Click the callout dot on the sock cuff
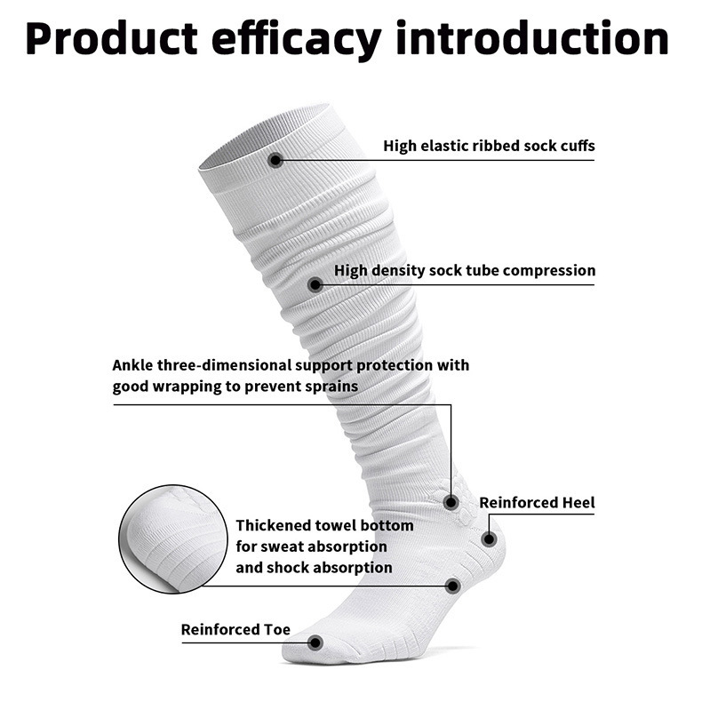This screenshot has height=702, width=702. (x=275, y=160)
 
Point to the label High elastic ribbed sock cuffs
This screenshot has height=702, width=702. (x=489, y=145)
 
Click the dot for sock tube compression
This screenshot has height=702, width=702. (x=315, y=284)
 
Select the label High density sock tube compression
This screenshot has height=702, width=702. (x=465, y=270)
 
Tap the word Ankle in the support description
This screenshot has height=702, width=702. (x=134, y=365)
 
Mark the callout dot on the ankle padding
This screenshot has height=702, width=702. (x=451, y=503)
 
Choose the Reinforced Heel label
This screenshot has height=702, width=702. (x=537, y=503)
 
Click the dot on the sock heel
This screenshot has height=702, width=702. (x=488, y=538)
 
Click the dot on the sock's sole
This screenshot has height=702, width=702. (x=452, y=586)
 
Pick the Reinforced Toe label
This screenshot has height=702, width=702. (x=235, y=630)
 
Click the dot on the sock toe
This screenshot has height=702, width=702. (x=314, y=642)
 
